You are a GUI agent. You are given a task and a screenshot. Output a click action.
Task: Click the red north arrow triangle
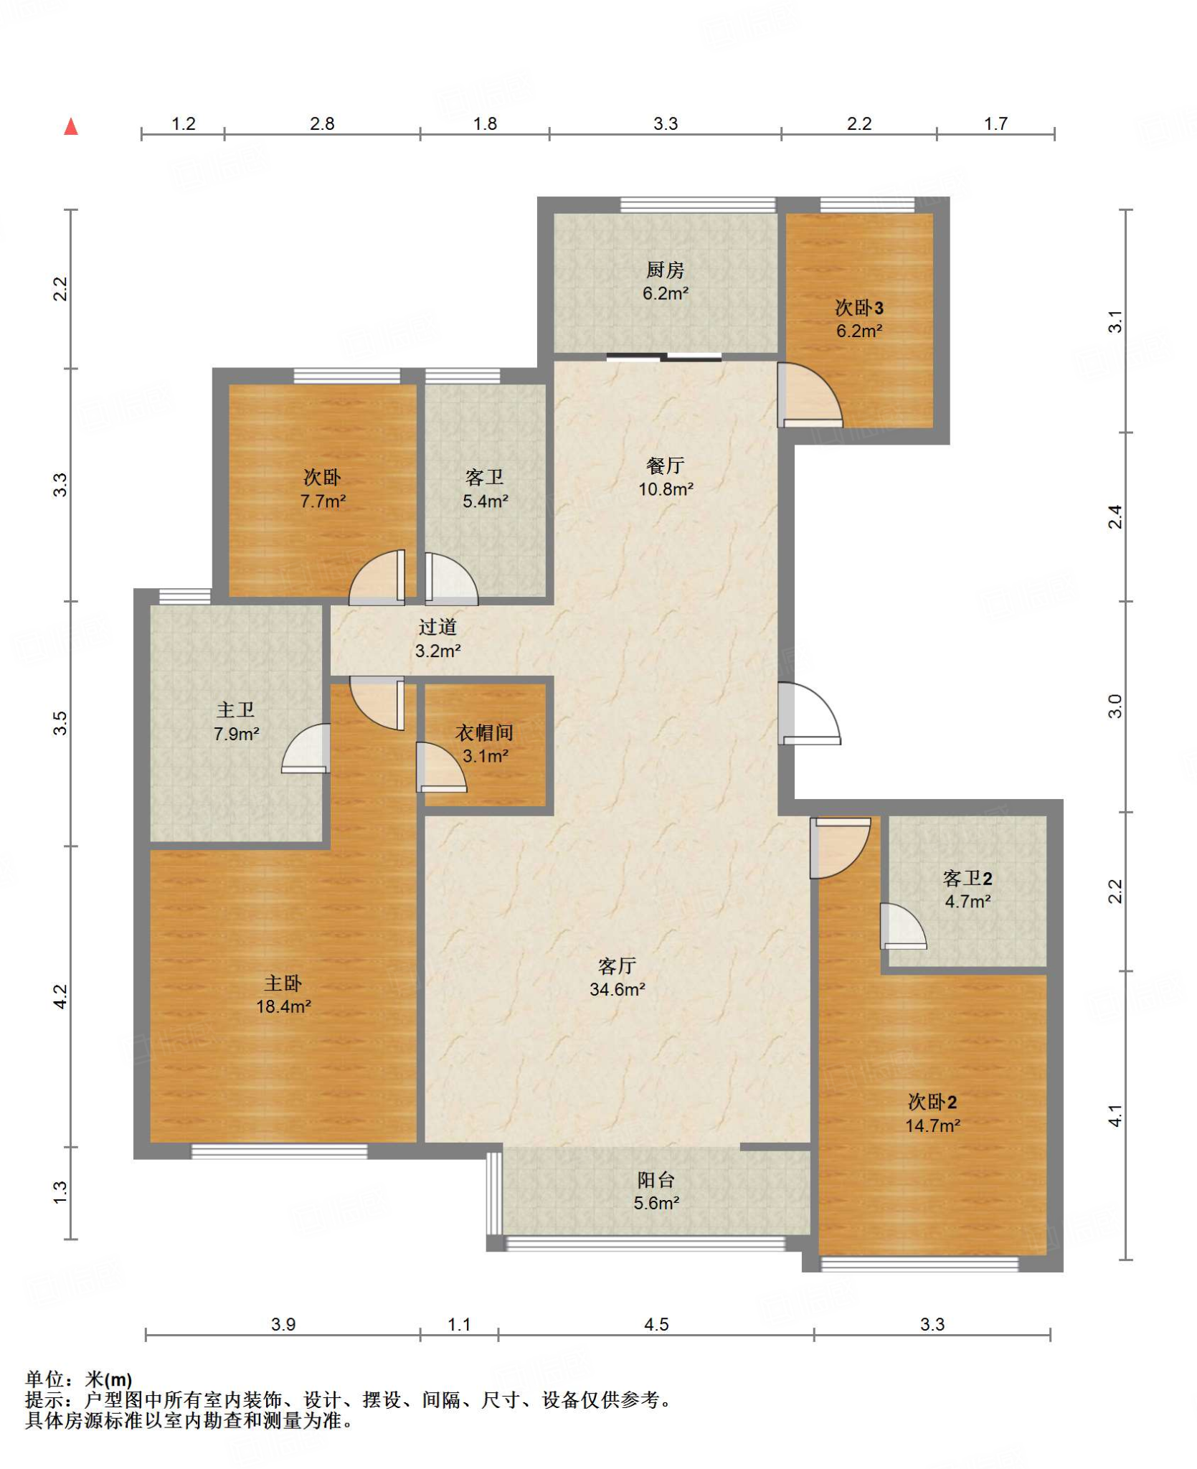pos(71,127)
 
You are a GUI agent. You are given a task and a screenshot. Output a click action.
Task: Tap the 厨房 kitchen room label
pos(665,270)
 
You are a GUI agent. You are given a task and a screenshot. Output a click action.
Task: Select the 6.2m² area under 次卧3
pos(858,331)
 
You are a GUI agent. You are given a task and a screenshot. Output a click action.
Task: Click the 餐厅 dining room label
pos(665,466)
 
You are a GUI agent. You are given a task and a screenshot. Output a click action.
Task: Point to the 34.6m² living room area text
pos(617,989)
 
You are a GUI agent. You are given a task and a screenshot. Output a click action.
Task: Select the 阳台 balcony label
pos(656,1180)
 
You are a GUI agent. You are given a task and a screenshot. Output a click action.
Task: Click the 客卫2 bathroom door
pos(903,926)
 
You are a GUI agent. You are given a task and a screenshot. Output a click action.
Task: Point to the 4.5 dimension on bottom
pos(656,1324)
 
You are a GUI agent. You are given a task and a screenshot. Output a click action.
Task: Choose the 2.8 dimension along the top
pos(322,123)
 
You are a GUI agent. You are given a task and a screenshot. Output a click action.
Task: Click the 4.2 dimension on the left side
pos(60,996)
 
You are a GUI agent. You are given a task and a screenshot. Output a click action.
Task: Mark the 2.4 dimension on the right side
pos(1115,516)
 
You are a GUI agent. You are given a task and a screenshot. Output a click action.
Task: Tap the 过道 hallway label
pos(437,627)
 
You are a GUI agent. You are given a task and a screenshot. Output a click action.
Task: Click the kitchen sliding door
pos(663,356)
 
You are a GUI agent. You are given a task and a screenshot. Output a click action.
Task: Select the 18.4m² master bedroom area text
pos(283,1006)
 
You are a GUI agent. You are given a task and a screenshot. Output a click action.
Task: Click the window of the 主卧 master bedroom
pos(279,1151)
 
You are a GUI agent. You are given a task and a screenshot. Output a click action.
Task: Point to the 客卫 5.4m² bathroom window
pos(463,376)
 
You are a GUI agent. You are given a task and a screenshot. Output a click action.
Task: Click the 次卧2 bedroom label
pos(932,1102)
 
